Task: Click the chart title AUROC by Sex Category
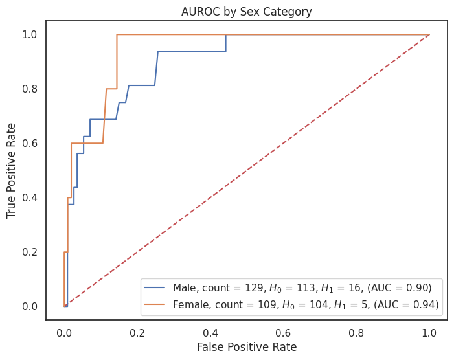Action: point(246,11)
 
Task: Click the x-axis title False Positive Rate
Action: point(246,347)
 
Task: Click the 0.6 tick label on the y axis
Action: point(30,143)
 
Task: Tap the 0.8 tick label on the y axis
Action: point(30,89)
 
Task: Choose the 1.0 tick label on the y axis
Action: point(30,34)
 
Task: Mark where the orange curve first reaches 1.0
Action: point(117,34)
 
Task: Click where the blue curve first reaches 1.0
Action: point(225,34)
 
